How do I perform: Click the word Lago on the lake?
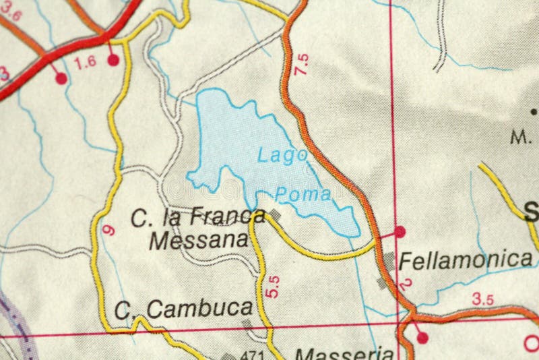tap(282, 155)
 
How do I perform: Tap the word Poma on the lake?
tap(304, 194)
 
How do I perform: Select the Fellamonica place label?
tap(466, 259)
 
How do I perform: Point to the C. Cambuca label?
tap(183, 309)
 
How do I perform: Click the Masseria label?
tap(344, 353)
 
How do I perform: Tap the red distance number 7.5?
tap(302, 63)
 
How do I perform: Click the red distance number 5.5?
tap(272, 287)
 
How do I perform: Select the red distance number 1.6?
tap(86, 63)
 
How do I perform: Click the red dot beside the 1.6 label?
tap(113, 60)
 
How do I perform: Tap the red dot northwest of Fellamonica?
tap(400, 231)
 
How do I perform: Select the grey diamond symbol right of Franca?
tap(274, 214)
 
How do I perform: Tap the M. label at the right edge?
tap(519, 138)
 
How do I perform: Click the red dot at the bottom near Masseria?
tap(422, 337)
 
